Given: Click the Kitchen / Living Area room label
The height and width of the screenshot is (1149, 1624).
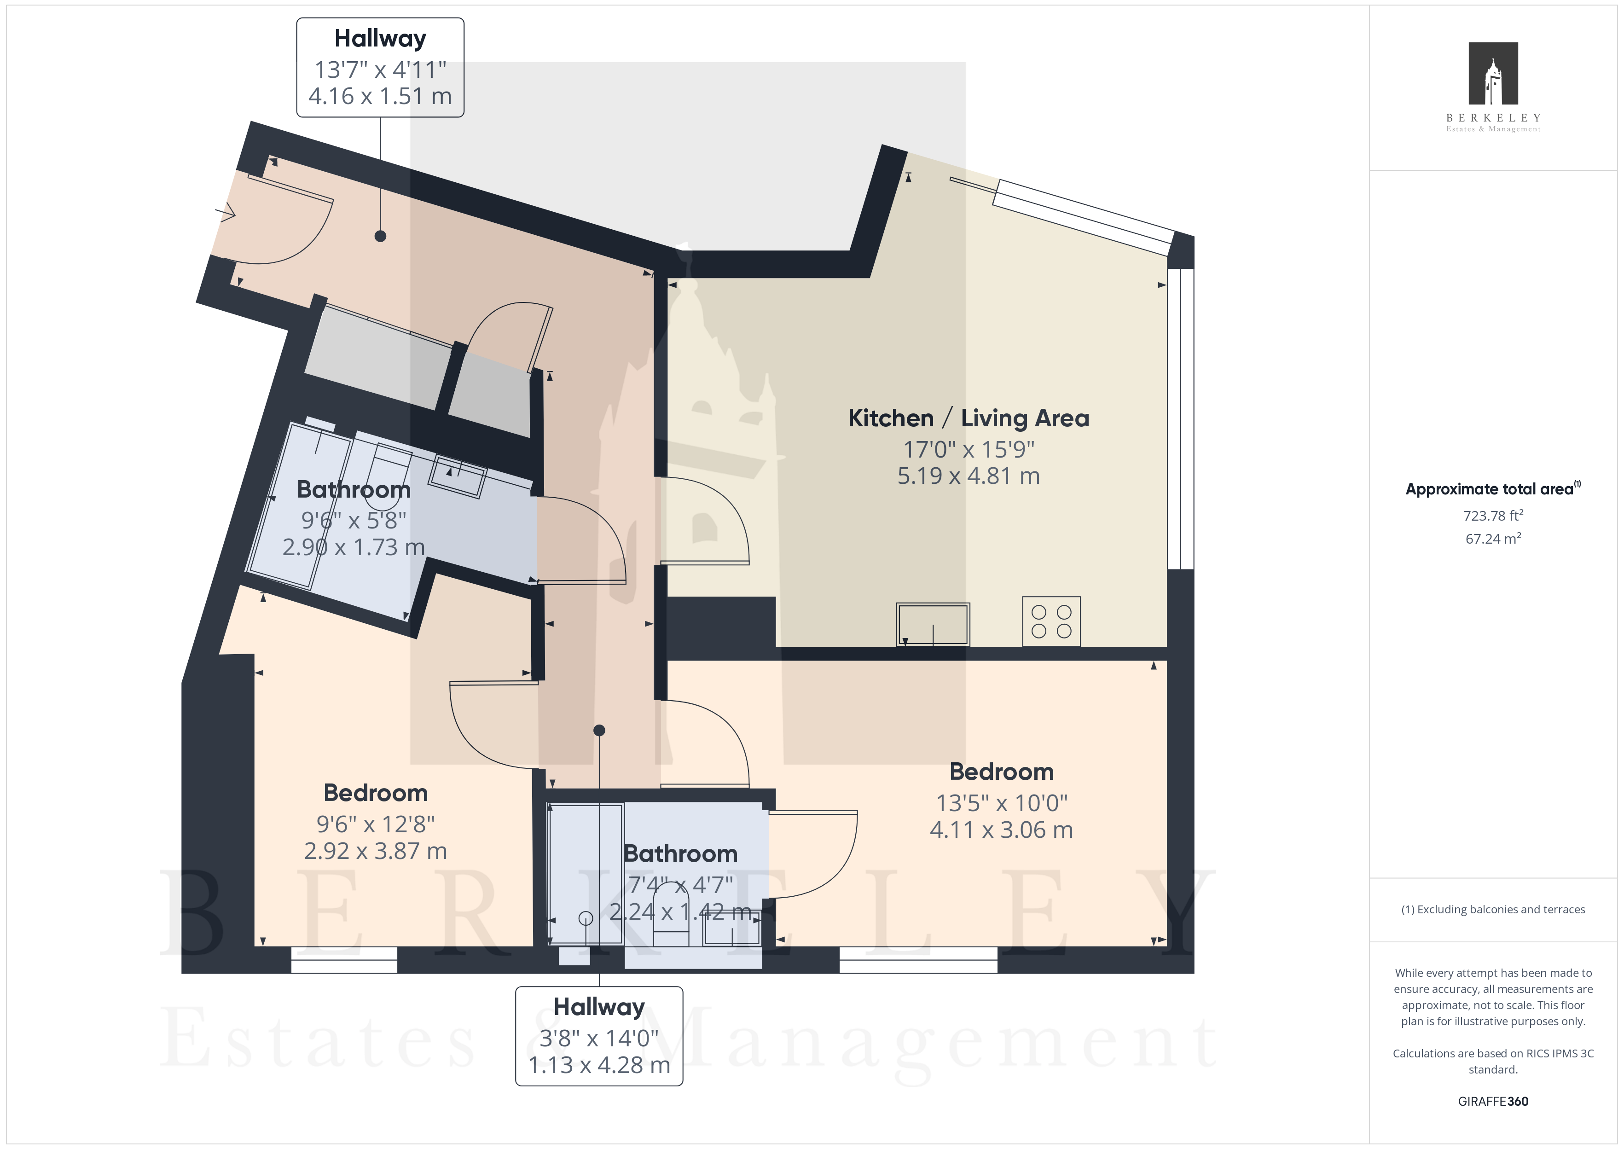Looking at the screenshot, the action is pos(969,418).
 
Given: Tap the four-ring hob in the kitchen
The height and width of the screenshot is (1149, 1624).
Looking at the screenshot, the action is pos(1051,621).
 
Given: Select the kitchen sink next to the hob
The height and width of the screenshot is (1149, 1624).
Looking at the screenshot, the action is pos(933,624).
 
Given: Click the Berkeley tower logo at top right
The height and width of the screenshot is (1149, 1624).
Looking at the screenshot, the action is pos(1493,74).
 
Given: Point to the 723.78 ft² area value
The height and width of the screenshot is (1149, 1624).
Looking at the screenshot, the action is pos(1493,515).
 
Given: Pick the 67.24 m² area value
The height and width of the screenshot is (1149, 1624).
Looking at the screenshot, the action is pos(1493,539).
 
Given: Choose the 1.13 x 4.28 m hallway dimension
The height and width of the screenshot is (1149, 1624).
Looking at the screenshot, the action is pos(599,1065).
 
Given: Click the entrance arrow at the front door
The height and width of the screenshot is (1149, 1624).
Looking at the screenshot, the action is pos(226,212).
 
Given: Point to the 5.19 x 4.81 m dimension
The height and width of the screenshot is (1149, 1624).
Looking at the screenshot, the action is pos(969,476).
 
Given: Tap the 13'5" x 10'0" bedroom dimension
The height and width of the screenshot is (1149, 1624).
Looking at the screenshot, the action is pos(1002,803).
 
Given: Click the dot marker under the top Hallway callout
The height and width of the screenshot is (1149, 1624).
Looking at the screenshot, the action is pos(381,236).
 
